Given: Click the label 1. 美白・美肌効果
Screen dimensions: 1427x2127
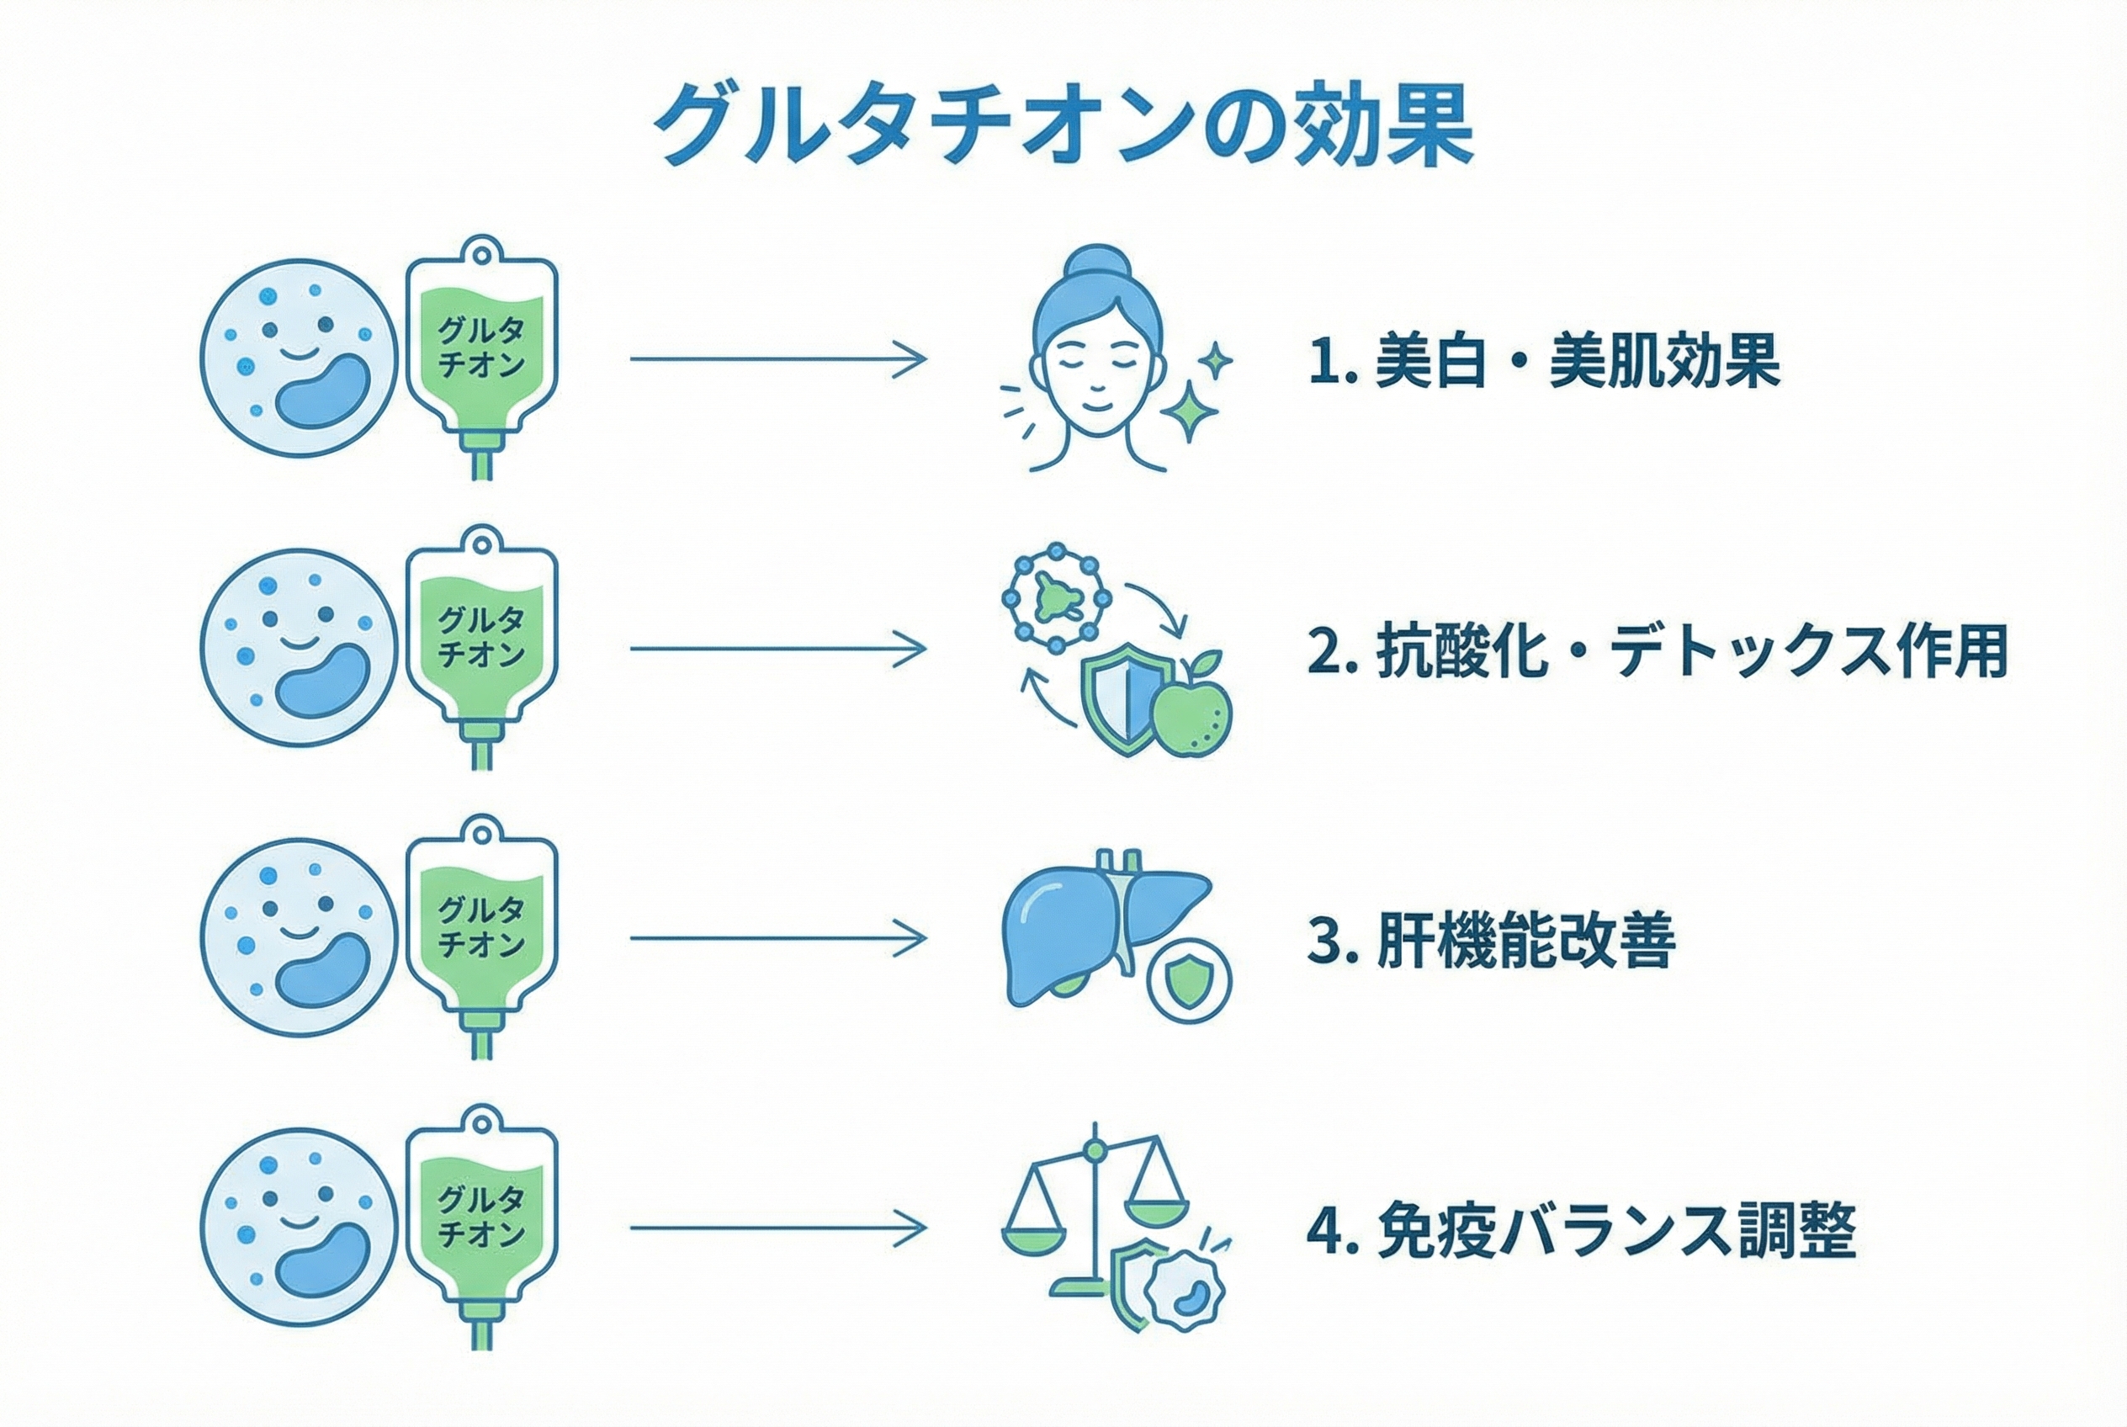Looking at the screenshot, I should click(x=1543, y=361).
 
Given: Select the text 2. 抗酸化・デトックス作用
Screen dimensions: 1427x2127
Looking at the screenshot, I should click(x=1657, y=651).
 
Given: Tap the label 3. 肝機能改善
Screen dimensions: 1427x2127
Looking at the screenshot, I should click(x=1491, y=941).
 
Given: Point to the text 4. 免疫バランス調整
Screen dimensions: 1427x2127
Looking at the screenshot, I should click(x=1581, y=1230).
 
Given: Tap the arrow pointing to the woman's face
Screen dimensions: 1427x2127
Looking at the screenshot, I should click(x=778, y=358).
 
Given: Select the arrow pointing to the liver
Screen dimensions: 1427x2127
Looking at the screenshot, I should click(x=778, y=938).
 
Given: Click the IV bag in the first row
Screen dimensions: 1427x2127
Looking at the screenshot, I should click(x=481, y=355).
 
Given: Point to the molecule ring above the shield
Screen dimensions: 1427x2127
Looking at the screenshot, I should click(x=1056, y=598).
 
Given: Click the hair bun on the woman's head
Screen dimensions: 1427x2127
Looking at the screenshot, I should click(x=1099, y=265).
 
